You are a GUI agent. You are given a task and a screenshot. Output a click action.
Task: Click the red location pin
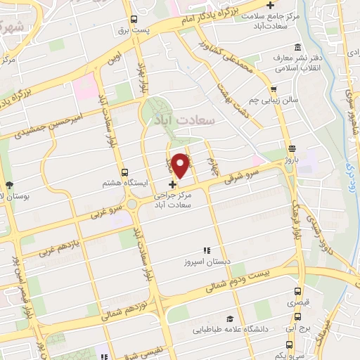tap(180, 164)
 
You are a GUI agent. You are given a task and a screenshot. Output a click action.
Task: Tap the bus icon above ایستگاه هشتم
tap(124, 172)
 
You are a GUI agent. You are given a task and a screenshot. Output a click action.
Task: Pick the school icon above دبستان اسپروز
tap(207, 250)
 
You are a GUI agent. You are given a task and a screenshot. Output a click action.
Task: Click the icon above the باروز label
tap(292, 148)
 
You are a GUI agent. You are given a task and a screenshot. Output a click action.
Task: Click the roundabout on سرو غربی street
tap(131, 204)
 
